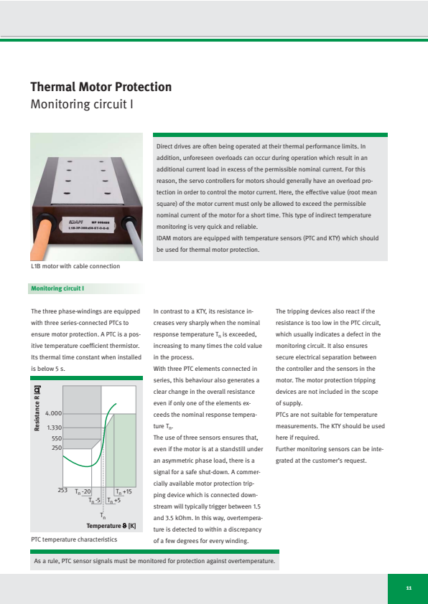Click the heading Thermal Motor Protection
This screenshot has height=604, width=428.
pyautogui.click(x=101, y=87)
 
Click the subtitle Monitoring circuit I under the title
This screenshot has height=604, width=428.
pyautogui.click(x=82, y=104)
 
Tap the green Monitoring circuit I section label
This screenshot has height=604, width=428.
pyautogui.click(x=57, y=288)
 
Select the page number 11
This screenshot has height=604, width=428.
pyautogui.click(x=409, y=588)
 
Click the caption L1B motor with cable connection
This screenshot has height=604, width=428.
pyautogui.click(x=75, y=266)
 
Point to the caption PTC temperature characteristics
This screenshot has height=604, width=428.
pyautogui.click(x=74, y=539)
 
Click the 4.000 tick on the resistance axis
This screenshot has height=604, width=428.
pyautogui.click(x=53, y=413)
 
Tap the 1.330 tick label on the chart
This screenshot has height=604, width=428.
pyautogui.click(x=54, y=428)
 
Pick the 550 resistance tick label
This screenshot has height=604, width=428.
pyautogui.click(x=57, y=438)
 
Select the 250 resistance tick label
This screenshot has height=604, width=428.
pyautogui.click(x=57, y=448)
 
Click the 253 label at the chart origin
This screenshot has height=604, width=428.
pyautogui.click(x=62, y=491)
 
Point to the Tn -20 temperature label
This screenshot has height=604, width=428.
pyautogui.click(x=83, y=492)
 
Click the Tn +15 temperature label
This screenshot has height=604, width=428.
pyautogui.click(x=124, y=492)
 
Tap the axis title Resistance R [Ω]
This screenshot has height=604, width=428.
pyautogui.click(x=37, y=408)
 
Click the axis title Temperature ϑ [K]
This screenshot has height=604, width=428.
pyautogui.click(x=111, y=526)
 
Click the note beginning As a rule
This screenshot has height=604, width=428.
pyautogui.click(x=154, y=561)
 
